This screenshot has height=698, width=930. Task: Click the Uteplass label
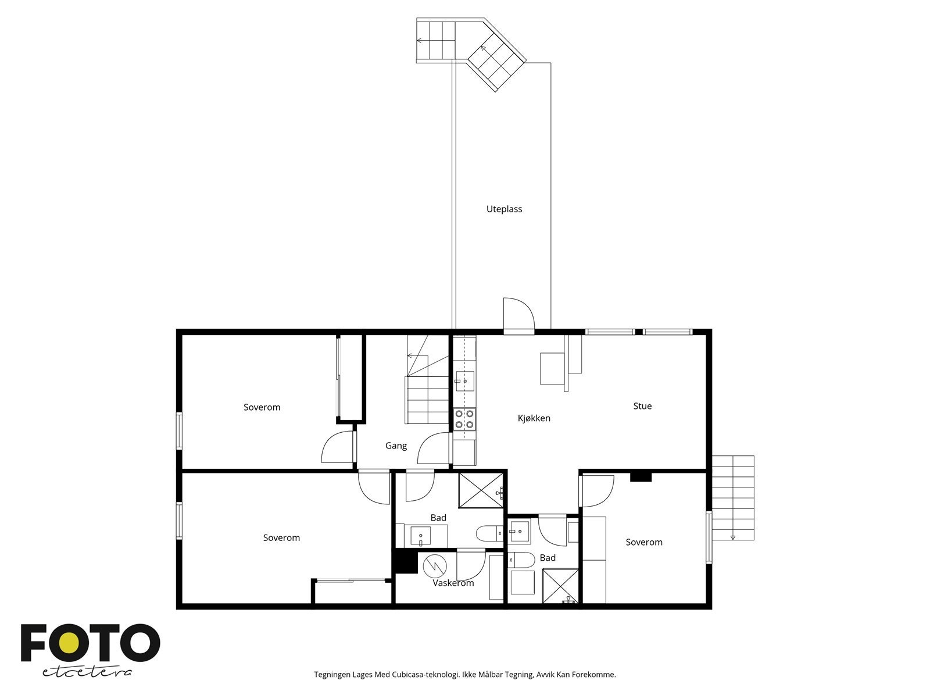click(504, 209)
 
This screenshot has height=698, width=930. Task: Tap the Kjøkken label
click(534, 418)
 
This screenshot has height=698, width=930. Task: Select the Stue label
click(642, 406)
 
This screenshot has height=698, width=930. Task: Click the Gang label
click(396, 446)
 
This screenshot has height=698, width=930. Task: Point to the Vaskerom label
click(453, 583)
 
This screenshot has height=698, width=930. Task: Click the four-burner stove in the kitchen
click(464, 419)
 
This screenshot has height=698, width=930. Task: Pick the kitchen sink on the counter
click(464, 382)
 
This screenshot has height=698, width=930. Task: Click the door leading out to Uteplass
click(518, 317)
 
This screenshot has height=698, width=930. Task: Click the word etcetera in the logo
click(87, 672)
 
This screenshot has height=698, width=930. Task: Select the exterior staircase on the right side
click(734, 498)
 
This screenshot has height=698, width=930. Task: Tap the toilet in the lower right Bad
click(521, 560)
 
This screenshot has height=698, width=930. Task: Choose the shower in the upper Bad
click(481, 490)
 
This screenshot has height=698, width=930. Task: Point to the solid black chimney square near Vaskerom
click(405, 562)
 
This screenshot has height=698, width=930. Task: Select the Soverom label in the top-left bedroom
click(262, 407)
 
